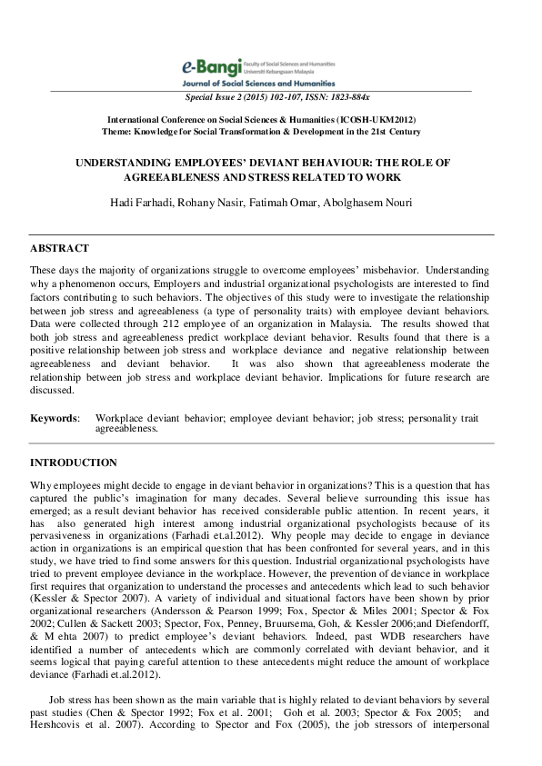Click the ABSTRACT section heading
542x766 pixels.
point(60,248)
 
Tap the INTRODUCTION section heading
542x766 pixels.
point(74,463)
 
